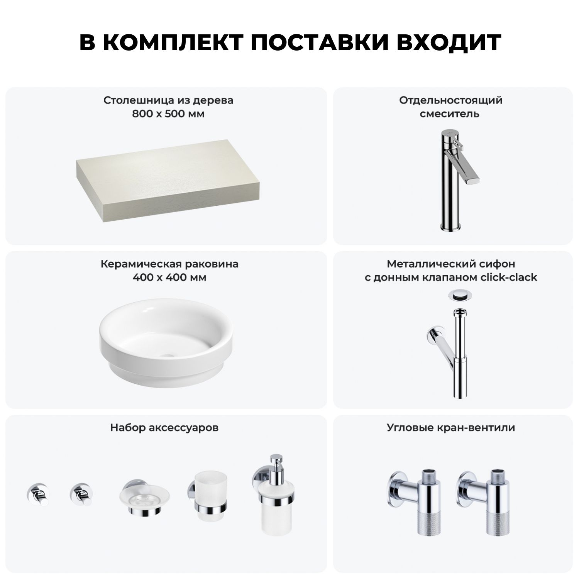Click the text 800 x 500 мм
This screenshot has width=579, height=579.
pyautogui.click(x=168, y=114)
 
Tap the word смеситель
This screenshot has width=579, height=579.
pyautogui.click(x=450, y=114)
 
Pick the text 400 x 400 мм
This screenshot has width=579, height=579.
pyautogui.click(x=169, y=278)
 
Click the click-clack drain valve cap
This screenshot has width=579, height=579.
pyautogui.click(x=459, y=295)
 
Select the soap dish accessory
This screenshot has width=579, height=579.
pyautogui.click(x=143, y=498)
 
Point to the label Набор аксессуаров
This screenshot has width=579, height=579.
pyautogui.click(x=164, y=428)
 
